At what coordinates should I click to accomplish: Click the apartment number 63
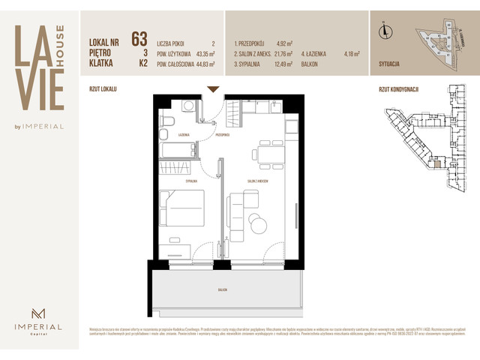click(x=139, y=39)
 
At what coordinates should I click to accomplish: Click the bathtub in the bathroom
click(x=178, y=150)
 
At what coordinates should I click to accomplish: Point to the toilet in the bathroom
click(x=169, y=121)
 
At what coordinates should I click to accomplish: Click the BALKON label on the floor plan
click(x=223, y=289)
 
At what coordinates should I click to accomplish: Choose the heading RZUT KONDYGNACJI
click(x=398, y=89)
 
